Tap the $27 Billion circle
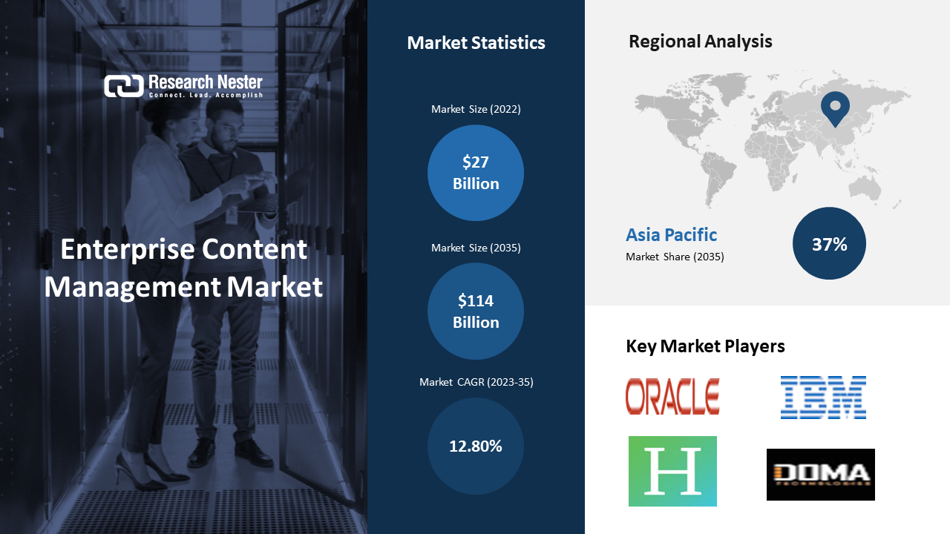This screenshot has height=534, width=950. pyautogui.click(x=476, y=173)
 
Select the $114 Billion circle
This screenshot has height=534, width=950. pyautogui.click(x=476, y=311)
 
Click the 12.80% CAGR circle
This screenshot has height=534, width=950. pyautogui.click(x=476, y=446)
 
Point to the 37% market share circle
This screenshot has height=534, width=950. pyautogui.click(x=829, y=243)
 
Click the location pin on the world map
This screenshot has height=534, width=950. pyautogui.click(x=835, y=109)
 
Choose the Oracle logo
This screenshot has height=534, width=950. pyautogui.click(x=672, y=396)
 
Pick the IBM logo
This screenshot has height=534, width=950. pyautogui.click(x=823, y=397)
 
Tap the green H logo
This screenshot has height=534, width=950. pyautogui.click(x=672, y=471)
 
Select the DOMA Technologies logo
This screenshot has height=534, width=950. pyautogui.click(x=821, y=475)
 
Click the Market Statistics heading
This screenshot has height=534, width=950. pyautogui.click(x=476, y=43)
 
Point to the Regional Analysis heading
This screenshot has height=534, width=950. pyautogui.click(x=700, y=42)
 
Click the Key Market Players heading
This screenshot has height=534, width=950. pyautogui.click(x=705, y=346)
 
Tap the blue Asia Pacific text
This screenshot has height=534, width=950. pyautogui.click(x=672, y=235)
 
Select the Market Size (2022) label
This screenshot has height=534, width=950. pyautogui.click(x=476, y=109)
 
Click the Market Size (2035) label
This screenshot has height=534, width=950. pyautogui.click(x=476, y=248)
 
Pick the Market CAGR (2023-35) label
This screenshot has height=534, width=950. pyautogui.click(x=476, y=382)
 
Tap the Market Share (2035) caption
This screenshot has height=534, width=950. pyautogui.click(x=675, y=257)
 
